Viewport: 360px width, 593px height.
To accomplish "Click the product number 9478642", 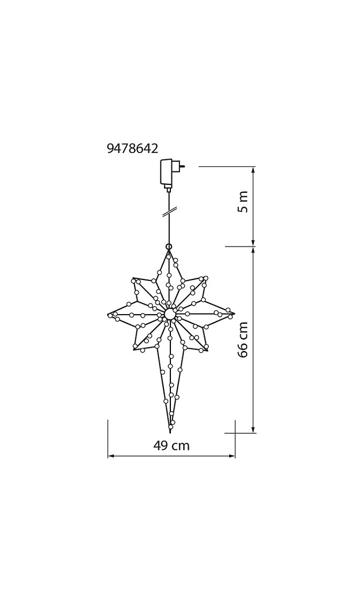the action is [132, 149].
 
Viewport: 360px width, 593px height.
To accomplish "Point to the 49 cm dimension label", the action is [171, 446].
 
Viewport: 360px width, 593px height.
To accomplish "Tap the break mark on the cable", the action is [169, 213].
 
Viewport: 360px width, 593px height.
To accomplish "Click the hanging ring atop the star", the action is [169, 247].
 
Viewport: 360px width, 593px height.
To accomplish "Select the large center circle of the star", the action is [169, 314].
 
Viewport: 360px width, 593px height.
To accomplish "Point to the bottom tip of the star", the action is [170, 432].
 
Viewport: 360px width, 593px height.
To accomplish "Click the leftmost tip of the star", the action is [108, 315].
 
